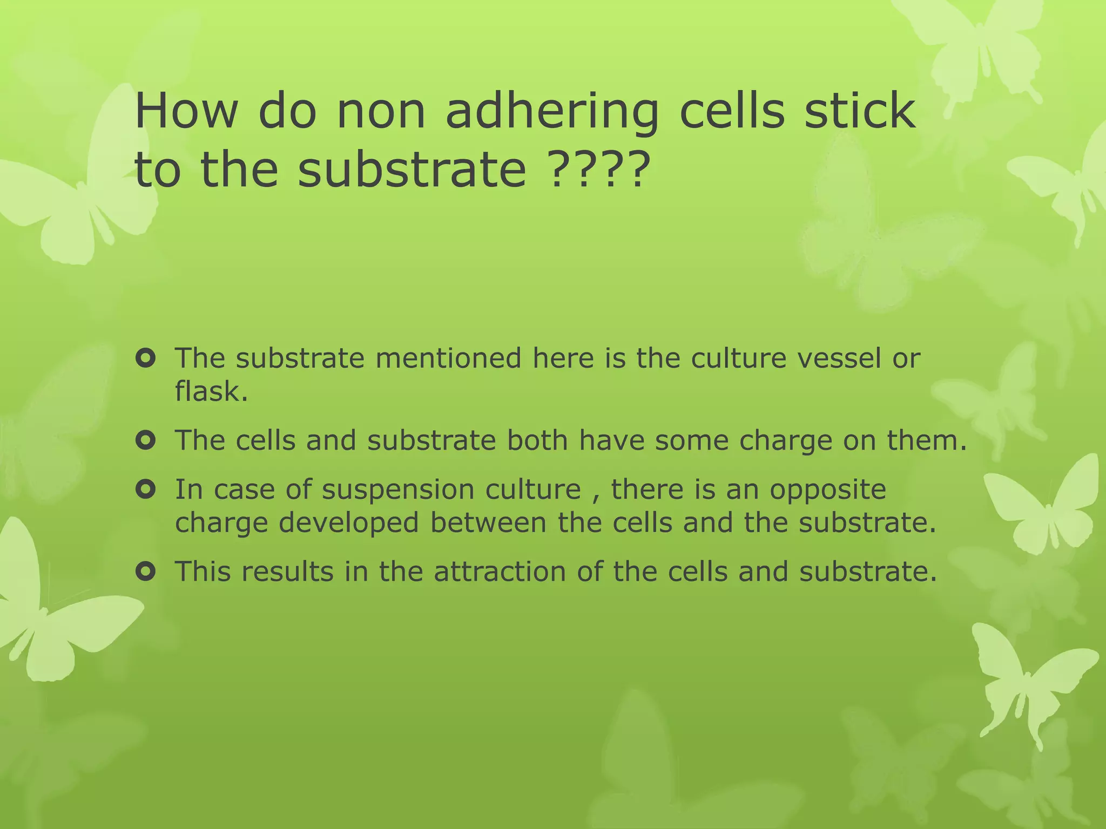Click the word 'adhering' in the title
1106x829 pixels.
pyautogui.click(x=552, y=112)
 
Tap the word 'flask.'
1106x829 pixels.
pyautogui.click(x=211, y=391)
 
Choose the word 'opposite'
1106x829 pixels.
pyautogui.click(x=828, y=490)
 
